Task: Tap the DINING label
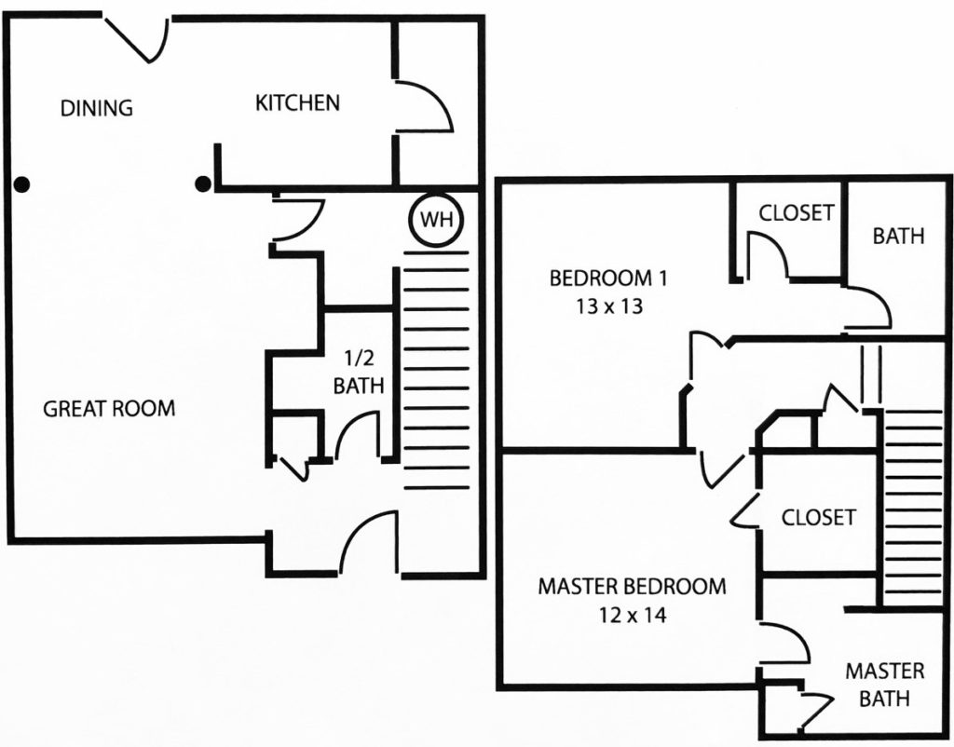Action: pyautogui.click(x=96, y=108)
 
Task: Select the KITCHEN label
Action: pyautogui.click(x=297, y=102)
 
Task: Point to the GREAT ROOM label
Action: pyautogui.click(x=109, y=408)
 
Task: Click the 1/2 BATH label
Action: pyautogui.click(x=359, y=372)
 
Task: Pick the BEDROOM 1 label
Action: pyautogui.click(x=608, y=278)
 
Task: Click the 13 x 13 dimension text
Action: pyautogui.click(x=609, y=306)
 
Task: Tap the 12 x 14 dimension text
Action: pyautogui.click(x=633, y=615)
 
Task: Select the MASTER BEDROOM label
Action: pyautogui.click(x=633, y=587)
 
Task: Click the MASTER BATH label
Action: pyautogui.click(x=885, y=685)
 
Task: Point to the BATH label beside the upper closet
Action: pyautogui.click(x=898, y=236)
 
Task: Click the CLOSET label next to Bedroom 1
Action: pyautogui.click(x=796, y=213)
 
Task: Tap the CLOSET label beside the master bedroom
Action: pyautogui.click(x=818, y=517)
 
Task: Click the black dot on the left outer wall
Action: pyautogui.click(x=22, y=183)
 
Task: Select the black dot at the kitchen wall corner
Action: pyautogui.click(x=203, y=183)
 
